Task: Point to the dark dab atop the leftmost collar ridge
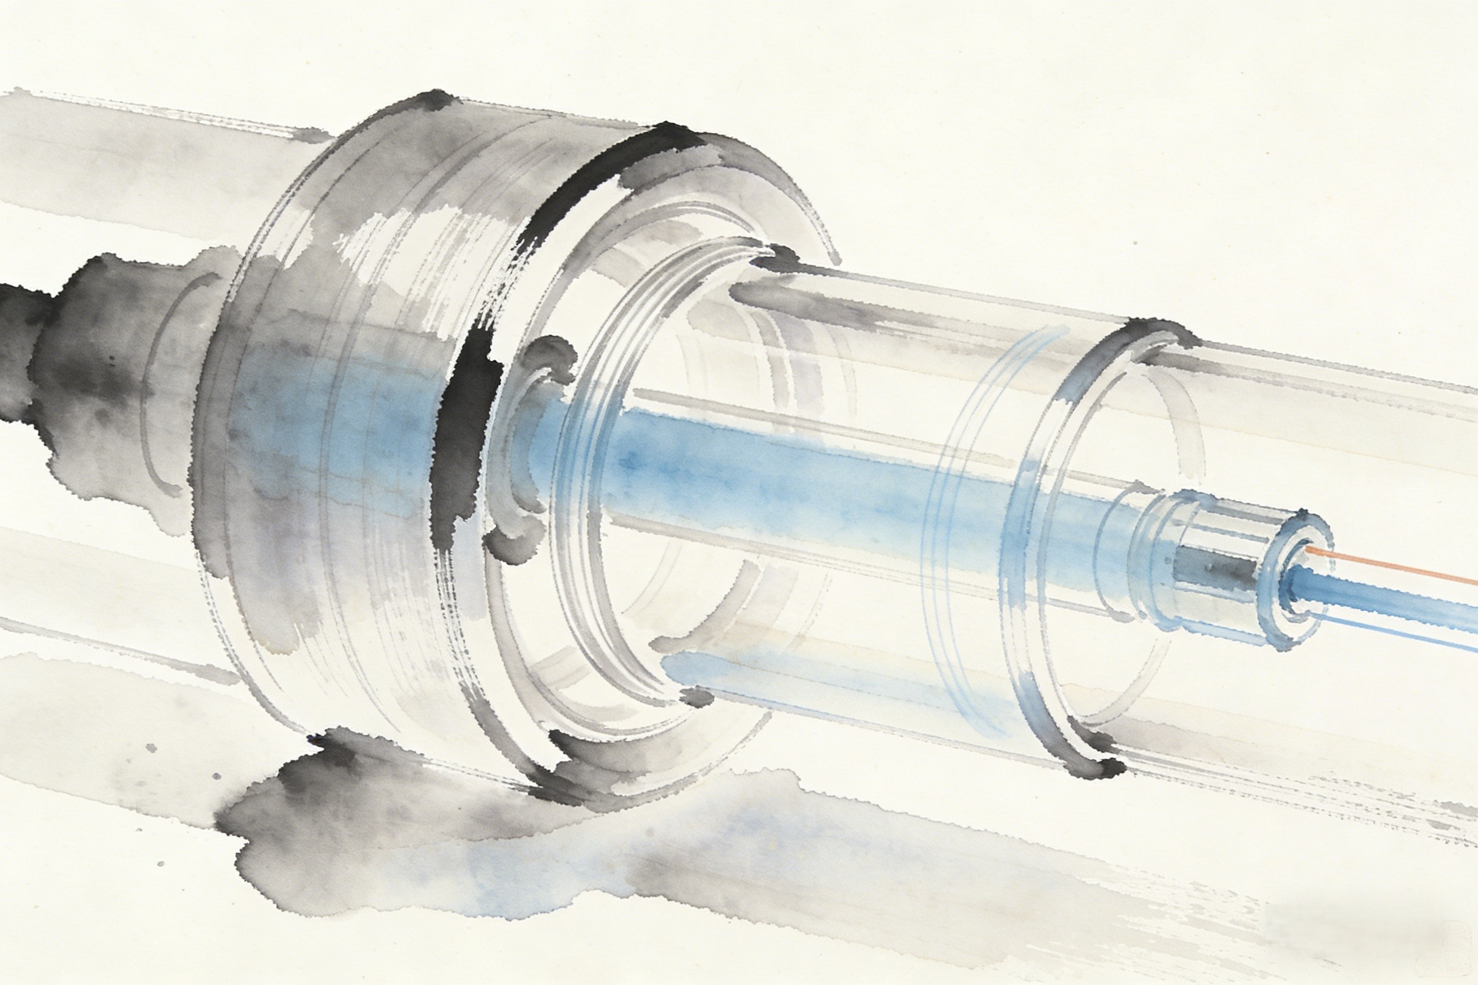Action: (434, 101)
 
